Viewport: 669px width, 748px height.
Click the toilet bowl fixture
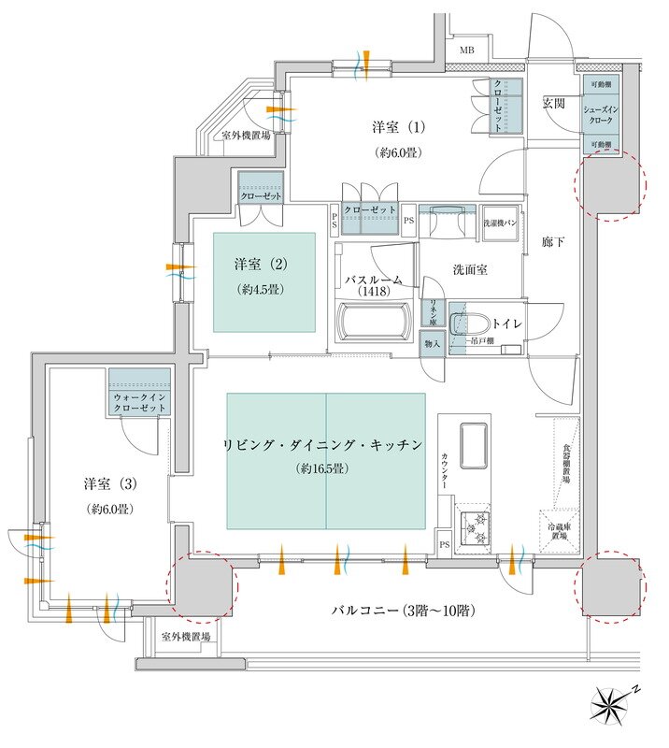point(461,324)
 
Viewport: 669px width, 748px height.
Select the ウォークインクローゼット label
point(139,403)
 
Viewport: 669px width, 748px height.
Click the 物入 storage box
point(432,342)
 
